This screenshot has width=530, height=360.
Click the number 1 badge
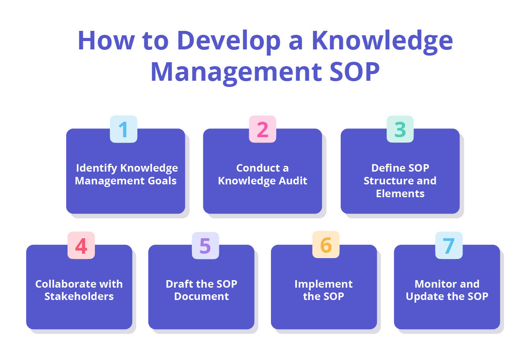pyautogui.click(x=124, y=129)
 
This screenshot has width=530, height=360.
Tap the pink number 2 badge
pyautogui.click(x=263, y=129)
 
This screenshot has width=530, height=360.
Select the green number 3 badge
pyautogui.click(x=400, y=129)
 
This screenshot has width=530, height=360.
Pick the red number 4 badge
pyautogui.click(x=81, y=246)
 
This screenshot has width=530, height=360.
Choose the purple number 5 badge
pyautogui.click(x=205, y=246)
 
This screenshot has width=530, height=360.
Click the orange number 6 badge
pyautogui.click(x=326, y=245)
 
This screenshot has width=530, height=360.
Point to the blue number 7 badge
pyautogui.click(x=449, y=246)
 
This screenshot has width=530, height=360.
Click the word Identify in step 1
pyautogui.click(x=97, y=168)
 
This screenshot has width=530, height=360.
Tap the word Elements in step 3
pyautogui.click(x=400, y=193)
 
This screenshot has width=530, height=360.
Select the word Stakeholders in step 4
pyautogui.click(x=79, y=296)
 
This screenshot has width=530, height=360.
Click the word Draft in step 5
pyautogui.click(x=179, y=284)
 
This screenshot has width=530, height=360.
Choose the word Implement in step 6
pyautogui.click(x=323, y=284)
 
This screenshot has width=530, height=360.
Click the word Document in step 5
pyautogui.click(x=201, y=296)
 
